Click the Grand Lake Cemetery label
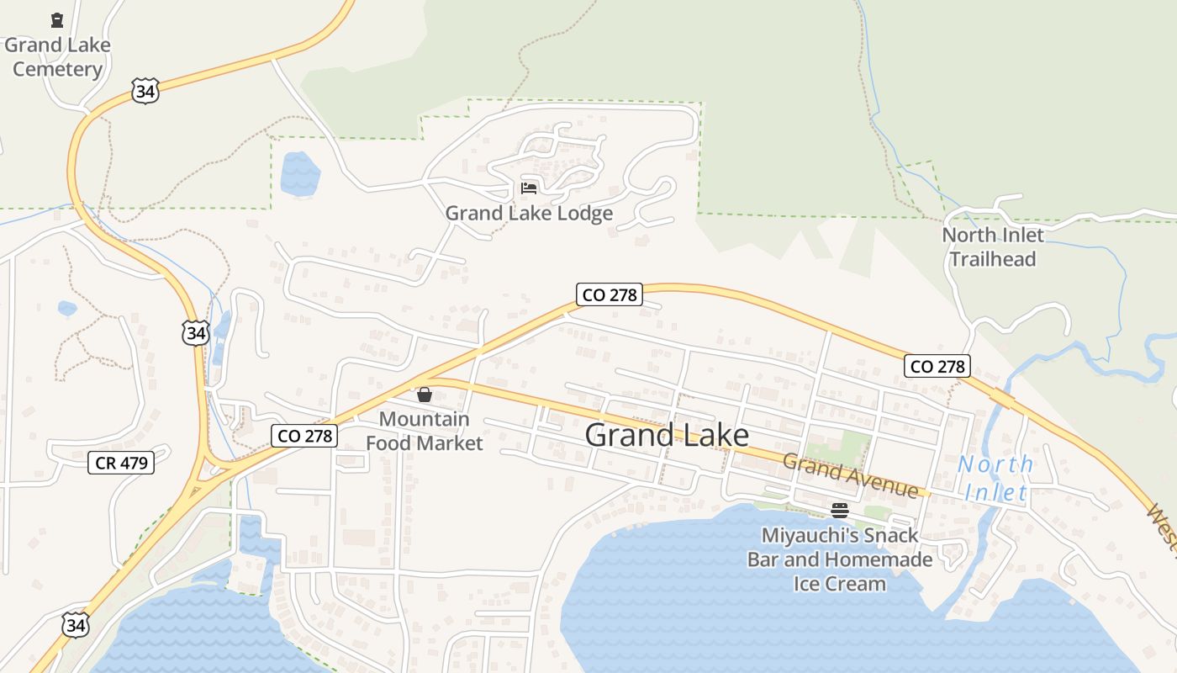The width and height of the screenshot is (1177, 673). pos(57,56)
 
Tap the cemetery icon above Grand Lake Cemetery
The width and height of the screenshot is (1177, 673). pos(57,20)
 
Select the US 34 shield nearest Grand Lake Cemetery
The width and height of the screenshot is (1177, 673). pos(145,91)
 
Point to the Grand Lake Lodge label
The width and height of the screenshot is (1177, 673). pos(529,213)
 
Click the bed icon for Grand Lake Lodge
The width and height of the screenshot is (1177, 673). pos(529,188)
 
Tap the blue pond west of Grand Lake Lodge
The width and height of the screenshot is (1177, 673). pos(300,174)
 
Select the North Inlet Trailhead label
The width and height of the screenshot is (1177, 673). pos(992,246)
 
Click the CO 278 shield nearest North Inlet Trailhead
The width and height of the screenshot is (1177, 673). pos(938,366)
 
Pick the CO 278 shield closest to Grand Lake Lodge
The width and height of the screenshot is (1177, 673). pos(610,294)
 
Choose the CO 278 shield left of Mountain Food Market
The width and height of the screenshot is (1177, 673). pos(304,435)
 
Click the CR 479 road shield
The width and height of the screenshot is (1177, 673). pos(121,462)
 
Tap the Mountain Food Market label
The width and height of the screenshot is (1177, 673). pos(425,431)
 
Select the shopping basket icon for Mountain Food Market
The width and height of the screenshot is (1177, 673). pos(425,395)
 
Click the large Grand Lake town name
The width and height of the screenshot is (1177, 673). pos(667,435)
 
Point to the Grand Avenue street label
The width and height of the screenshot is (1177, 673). pos(850,475)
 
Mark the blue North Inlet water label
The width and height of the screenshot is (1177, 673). pos(995,478)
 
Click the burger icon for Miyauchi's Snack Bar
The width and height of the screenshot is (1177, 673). pos(839,510)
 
